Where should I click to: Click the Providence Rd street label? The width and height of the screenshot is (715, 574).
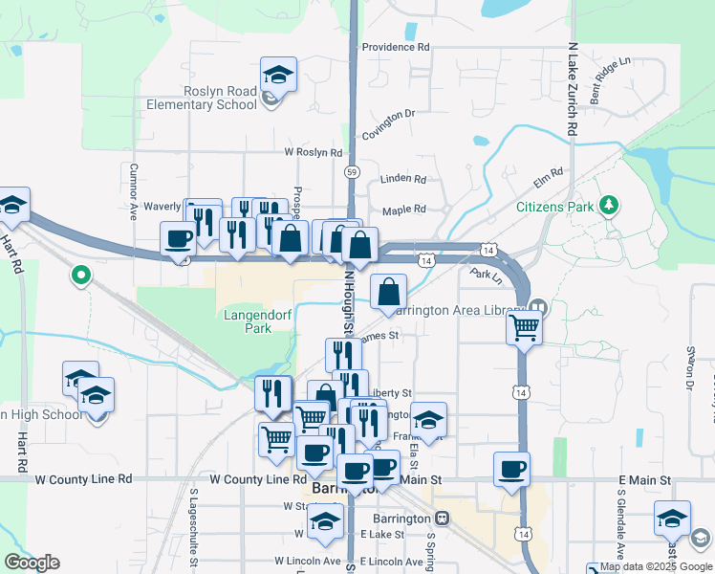point(396,47)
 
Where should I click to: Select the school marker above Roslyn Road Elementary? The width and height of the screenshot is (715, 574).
point(278,74)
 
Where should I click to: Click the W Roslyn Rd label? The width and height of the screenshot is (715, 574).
point(313,152)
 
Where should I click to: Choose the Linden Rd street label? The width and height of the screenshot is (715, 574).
point(402,179)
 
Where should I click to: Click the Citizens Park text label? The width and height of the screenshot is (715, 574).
point(555,207)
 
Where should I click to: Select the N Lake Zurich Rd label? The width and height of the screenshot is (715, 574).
point(573,87)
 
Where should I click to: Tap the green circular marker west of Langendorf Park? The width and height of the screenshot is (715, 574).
point(81,276)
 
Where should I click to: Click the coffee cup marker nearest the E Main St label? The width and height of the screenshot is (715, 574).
point(511,470)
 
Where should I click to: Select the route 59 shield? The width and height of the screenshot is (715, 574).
point(353,171)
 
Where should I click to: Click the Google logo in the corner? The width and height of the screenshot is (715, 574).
point(32,563)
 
